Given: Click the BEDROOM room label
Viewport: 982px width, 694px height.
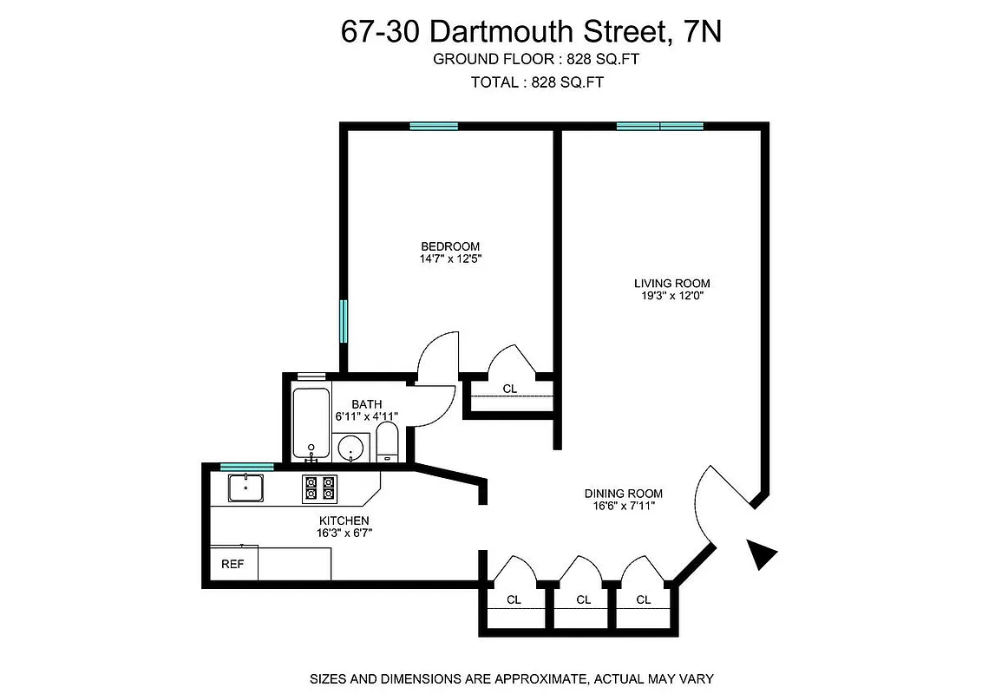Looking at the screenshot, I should tap(450, 246).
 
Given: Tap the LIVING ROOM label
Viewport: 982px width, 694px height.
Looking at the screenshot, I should tap(671, 283).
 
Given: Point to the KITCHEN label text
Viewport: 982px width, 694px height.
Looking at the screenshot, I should tap(344, 521).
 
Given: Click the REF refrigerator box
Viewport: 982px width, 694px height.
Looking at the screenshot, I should tap(232, 564).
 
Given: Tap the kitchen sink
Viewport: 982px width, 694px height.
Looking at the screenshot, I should tap(247, 488).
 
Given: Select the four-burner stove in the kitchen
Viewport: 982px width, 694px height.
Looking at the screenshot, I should tap(318, 488).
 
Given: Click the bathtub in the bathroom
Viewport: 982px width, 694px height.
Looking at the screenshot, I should tap(311, 424).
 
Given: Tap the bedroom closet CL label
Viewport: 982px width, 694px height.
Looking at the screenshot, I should tap(510, 390).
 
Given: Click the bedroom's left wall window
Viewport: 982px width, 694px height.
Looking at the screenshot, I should tap(344, 321).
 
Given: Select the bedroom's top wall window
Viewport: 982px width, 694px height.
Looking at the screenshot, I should tap(434, 126).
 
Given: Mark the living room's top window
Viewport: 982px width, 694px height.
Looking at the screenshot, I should tap(659, 126).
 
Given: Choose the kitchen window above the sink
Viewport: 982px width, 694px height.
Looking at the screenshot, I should tap(234, 468).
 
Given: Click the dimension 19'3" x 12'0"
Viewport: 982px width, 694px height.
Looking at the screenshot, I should tap(671, 296).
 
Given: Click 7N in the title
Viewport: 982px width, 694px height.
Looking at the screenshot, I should tap(701, 31).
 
